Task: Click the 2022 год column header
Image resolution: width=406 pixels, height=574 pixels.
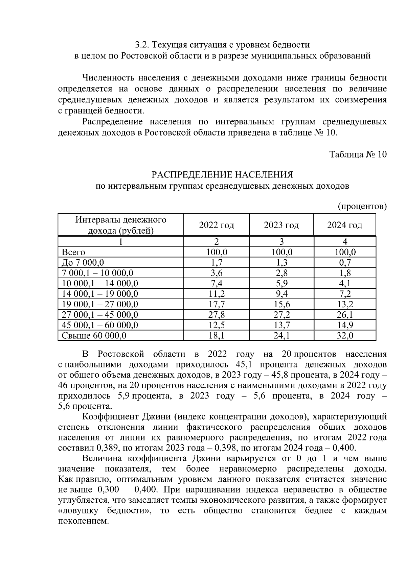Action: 216,225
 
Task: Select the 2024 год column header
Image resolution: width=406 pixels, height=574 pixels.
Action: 344,225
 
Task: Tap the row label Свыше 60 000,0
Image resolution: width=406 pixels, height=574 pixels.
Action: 94,336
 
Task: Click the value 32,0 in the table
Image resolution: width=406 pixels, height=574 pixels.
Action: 345,336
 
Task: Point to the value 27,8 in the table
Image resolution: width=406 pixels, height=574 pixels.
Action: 216,315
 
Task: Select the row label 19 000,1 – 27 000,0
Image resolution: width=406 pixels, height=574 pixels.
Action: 100,304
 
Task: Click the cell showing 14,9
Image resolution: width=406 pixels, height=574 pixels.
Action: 345,325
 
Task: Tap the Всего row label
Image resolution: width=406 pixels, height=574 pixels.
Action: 73,252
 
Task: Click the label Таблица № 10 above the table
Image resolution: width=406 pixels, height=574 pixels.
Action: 358,154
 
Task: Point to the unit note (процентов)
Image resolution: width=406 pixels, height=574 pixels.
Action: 362,206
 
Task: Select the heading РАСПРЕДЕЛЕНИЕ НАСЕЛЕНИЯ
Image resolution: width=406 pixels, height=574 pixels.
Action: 222,175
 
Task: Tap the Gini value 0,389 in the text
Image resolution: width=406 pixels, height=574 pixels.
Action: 107,448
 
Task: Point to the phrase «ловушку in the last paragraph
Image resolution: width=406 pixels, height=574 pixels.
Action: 78,511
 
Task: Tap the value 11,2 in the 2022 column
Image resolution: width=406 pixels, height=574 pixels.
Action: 216,294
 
